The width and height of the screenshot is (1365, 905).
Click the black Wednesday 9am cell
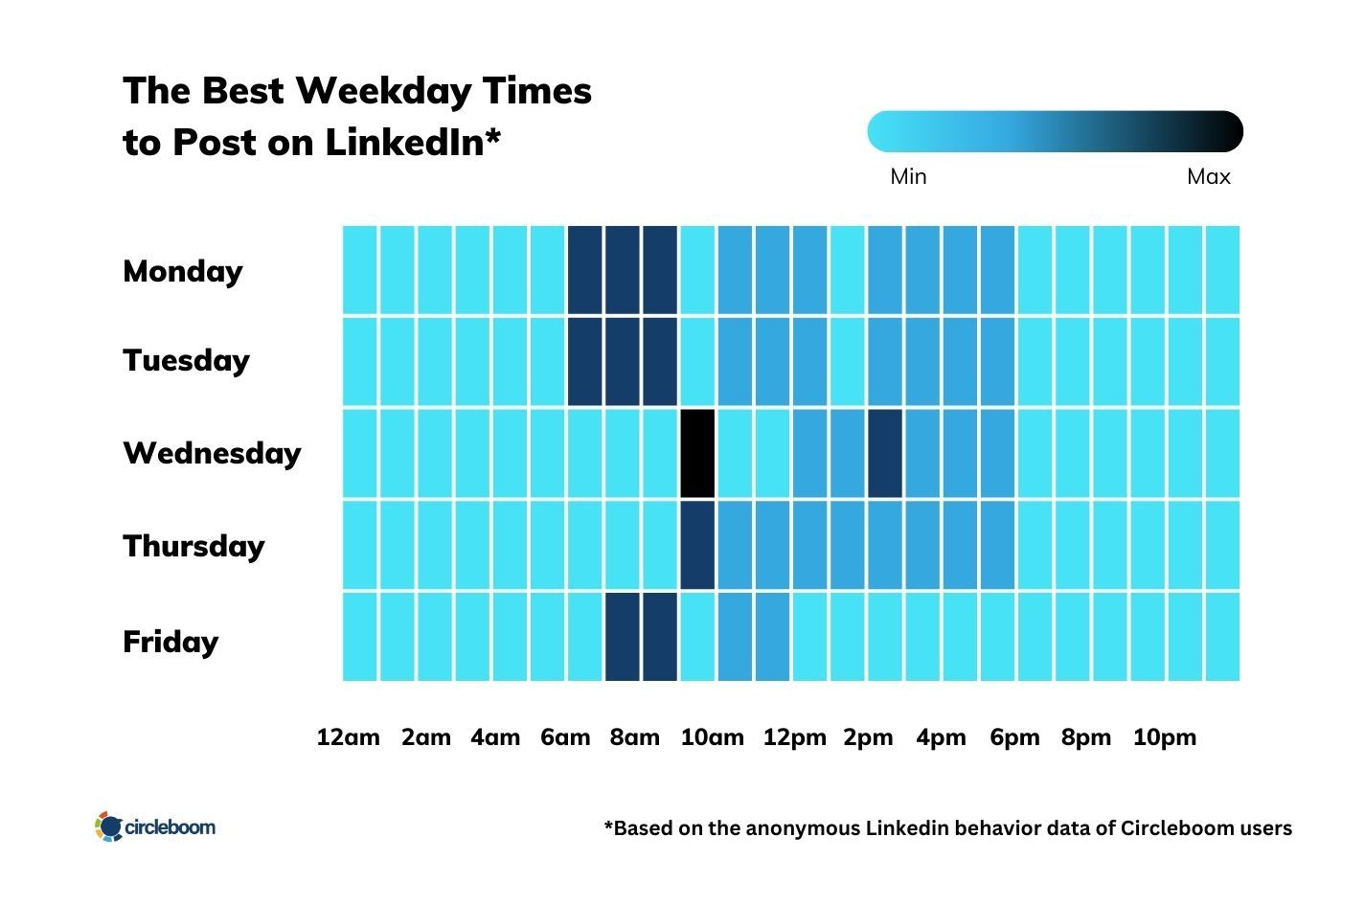[697, 453]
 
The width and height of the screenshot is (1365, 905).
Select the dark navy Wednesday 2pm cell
[885, 453]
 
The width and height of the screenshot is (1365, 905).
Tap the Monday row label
[183, 271]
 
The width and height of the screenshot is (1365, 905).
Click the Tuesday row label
[186, 361]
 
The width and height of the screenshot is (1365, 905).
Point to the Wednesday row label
[212, 453]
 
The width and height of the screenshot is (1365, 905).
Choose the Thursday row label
[193, 546]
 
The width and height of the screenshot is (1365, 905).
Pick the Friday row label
[171, 641]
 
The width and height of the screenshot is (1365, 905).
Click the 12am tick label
[348, 737]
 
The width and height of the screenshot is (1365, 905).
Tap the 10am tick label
[712, 737]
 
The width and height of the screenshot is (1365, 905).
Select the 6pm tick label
[1014, 737]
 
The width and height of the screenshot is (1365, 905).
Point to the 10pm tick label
[1165, 737]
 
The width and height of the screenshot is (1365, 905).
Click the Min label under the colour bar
[908, 176]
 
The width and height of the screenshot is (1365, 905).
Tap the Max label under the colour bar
[1208, 176]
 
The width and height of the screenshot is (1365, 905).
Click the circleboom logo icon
[109, 826]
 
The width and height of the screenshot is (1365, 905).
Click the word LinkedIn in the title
[412, 143]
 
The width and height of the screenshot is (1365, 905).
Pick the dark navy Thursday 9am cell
[697, 544]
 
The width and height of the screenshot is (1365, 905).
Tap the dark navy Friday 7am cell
[623, 637]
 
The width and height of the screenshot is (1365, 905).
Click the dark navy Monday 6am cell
[584, 270]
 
